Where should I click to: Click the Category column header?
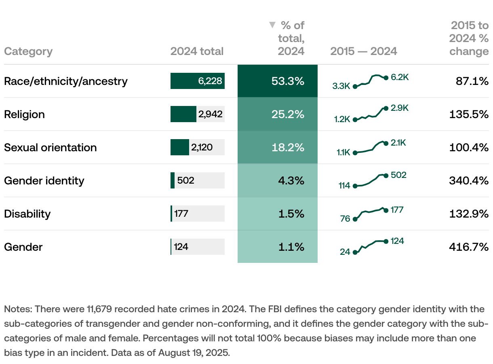click(28, 51)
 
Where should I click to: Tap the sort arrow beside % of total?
click(272, 25)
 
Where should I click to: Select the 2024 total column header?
click(197, 51)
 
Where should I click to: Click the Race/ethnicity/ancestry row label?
click(66, 81)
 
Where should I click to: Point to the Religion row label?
click(24, 114)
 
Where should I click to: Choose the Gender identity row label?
click(44, 180)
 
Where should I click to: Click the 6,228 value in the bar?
click(210, 81)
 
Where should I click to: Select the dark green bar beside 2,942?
click(183, 114)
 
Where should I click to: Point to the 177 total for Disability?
click(181, 214)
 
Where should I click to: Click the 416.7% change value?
click(469, 247)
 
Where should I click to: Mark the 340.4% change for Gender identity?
click(469, 180)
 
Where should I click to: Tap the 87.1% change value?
click(472, 81)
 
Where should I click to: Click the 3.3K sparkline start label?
click(341, 86)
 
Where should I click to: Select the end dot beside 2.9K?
click(386, 108)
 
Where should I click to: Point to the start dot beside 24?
click(355, 252)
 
